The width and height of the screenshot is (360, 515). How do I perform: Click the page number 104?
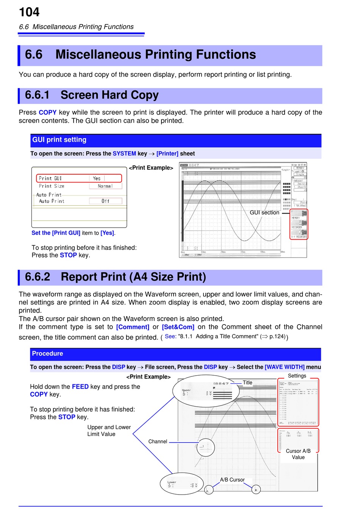29,12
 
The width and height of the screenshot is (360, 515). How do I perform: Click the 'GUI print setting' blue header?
59,140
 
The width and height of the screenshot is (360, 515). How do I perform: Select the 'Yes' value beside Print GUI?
97,178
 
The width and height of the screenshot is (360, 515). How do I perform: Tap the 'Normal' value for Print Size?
105,186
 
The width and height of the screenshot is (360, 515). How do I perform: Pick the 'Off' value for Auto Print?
105,201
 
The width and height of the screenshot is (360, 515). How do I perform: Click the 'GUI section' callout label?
264,212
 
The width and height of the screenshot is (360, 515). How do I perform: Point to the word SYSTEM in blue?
124,153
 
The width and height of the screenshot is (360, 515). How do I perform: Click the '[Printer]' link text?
167,153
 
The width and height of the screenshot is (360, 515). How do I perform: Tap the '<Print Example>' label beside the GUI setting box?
151,168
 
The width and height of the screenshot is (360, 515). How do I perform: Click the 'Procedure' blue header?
47,353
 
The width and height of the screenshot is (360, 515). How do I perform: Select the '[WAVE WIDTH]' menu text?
285,367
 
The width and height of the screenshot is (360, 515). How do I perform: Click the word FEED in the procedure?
80,387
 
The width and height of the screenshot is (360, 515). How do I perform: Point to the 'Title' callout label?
247,382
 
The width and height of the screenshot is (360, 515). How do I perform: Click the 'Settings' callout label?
297,376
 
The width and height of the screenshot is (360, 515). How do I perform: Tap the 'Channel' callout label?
158,442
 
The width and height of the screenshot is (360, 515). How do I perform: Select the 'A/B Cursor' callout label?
232,480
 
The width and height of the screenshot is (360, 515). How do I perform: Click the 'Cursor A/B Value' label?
298,454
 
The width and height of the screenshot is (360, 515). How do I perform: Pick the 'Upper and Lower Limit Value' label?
109,431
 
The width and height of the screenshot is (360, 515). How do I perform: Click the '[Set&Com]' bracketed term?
178,327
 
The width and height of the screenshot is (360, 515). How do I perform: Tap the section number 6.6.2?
38,277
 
